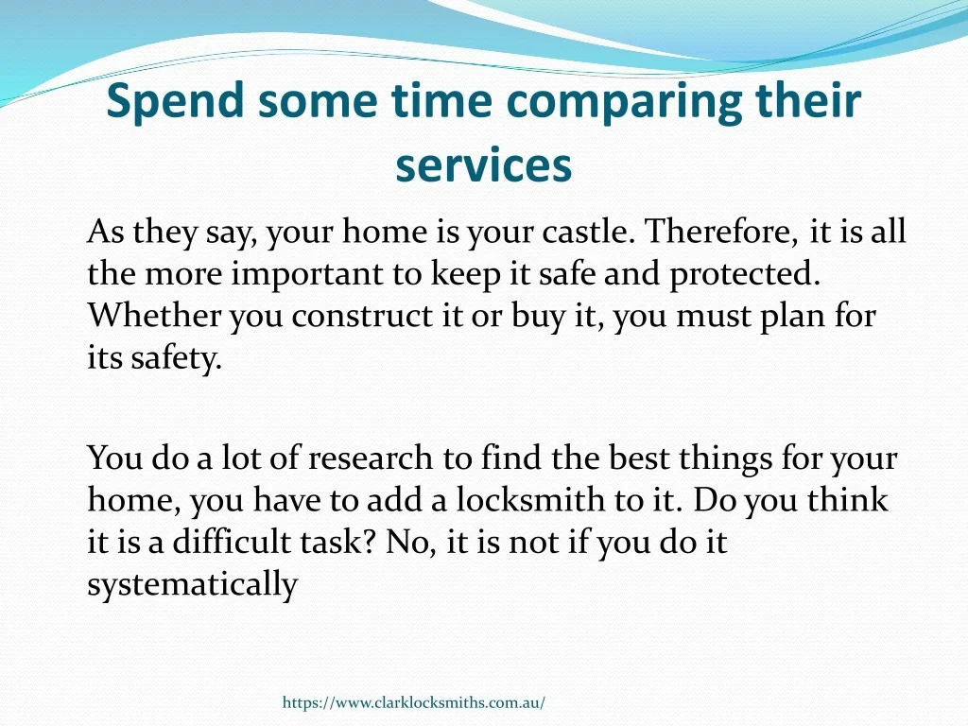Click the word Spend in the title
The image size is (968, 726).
pos(175,101)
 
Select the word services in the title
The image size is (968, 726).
pos(484,164)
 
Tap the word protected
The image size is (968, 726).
pos(745,274)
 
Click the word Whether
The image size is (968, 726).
pos(154,316)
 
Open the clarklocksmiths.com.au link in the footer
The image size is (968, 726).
pos(414,702)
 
